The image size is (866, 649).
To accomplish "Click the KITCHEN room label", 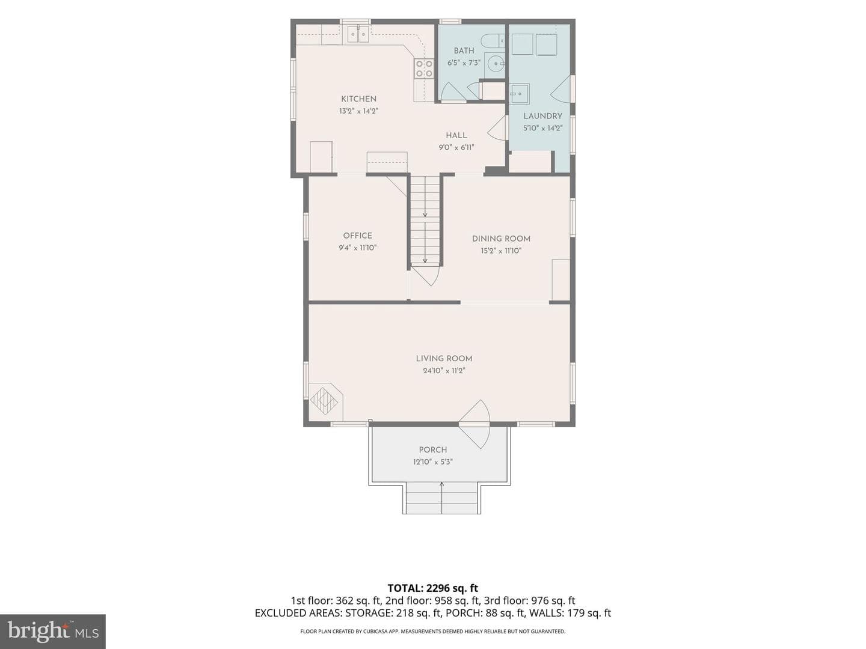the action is pos(358,99).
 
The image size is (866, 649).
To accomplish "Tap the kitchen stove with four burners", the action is pos(424,68).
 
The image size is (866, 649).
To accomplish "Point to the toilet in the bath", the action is pos(493,40).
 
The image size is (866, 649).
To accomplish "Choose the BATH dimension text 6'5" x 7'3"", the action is pos(464,62).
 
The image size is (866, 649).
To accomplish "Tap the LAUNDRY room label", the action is pos(542,116).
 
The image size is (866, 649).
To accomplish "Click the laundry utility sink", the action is pos(519,93).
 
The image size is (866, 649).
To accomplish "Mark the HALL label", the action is pos(456,135).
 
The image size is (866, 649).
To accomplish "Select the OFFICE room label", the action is pos(357,236).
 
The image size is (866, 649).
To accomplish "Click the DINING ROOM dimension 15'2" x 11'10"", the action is pos(501,251).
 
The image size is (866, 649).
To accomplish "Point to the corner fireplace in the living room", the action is pos(325,401).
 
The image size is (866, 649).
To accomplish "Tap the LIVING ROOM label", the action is pos(444,359).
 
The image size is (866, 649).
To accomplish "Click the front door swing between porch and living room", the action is pos(474,424).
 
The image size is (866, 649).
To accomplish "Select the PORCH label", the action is pos(433,449).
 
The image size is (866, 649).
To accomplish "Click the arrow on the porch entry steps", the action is pos(441,498).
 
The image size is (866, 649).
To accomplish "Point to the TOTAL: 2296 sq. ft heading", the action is pos(433,588).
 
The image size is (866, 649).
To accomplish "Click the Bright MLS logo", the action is pos(53,632).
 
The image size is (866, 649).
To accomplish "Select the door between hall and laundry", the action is pos(497,127).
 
